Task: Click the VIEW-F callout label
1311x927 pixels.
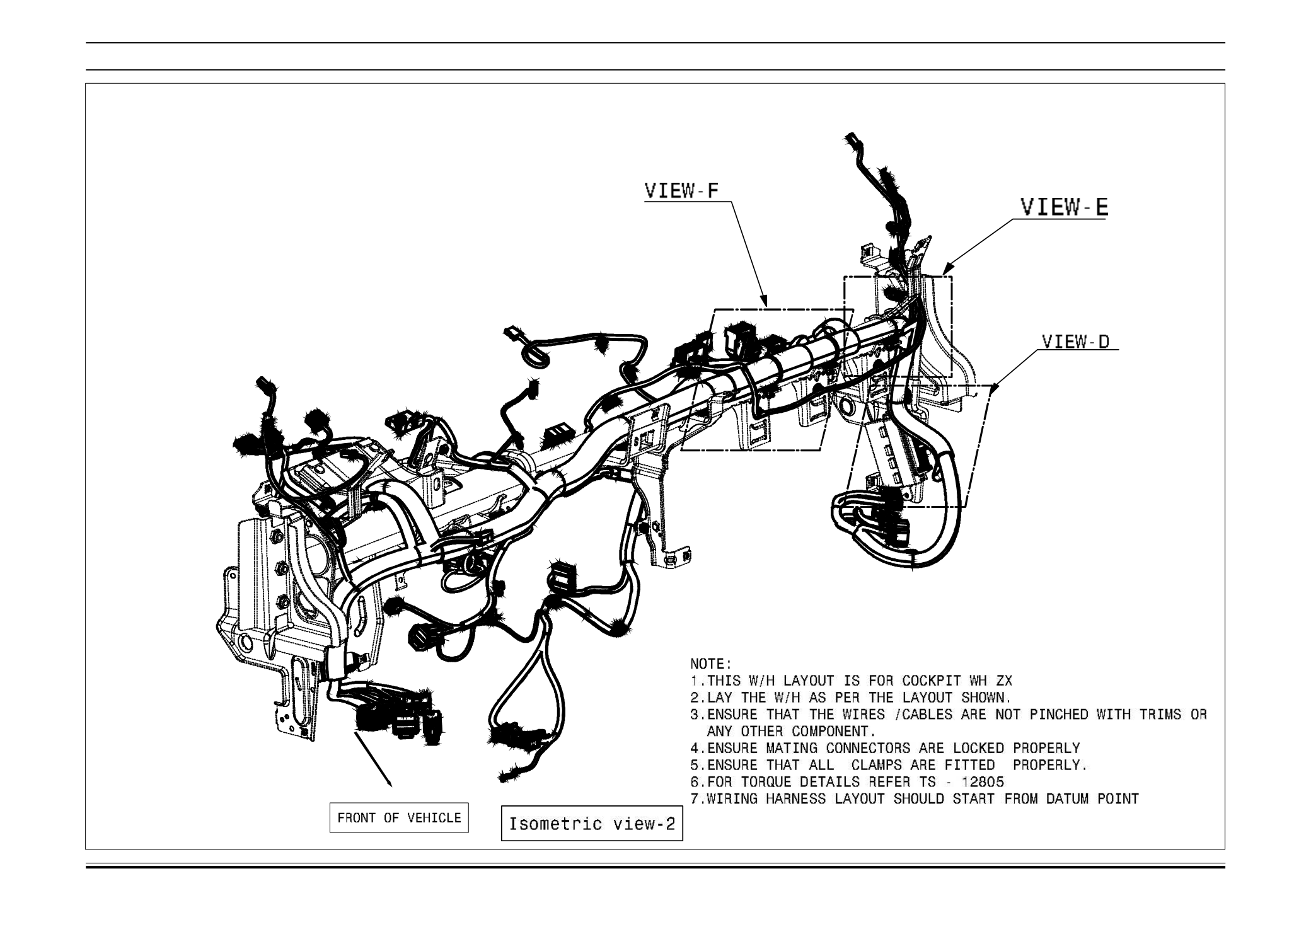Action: [681, 191]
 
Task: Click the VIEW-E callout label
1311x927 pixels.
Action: [1064, 207]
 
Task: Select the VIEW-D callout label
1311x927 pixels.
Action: [1075, 342]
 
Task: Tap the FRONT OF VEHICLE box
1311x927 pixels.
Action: [399, 818]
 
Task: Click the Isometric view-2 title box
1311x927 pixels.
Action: [591, 824]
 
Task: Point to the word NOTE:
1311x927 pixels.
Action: [711, 664]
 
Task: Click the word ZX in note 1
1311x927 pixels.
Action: [1003, 681]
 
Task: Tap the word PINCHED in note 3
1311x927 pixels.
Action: [1059, 715]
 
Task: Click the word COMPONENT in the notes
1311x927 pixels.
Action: [833, 732]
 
